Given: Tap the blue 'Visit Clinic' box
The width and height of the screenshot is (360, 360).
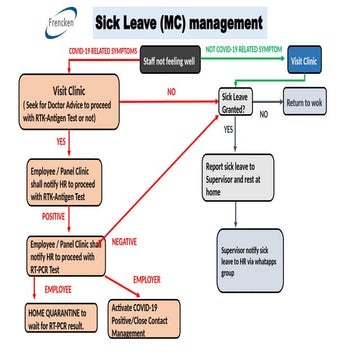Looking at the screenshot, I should click(x=305, y=59).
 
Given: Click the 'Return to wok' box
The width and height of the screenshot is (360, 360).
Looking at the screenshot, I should click(x=310, y=103).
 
